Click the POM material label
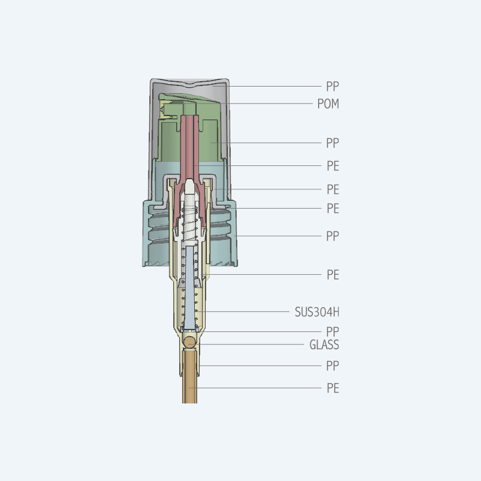coord(328,103)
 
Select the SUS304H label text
coord(317,312)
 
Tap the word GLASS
coord(324,345)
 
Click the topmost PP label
coord(332,87)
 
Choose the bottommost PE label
coord(333,388)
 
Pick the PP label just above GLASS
coord(332,332)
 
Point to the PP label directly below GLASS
coord(332,366)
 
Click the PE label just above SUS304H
coord(333,275)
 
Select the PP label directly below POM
coord(332,143)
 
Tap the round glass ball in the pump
coord(190,342)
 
